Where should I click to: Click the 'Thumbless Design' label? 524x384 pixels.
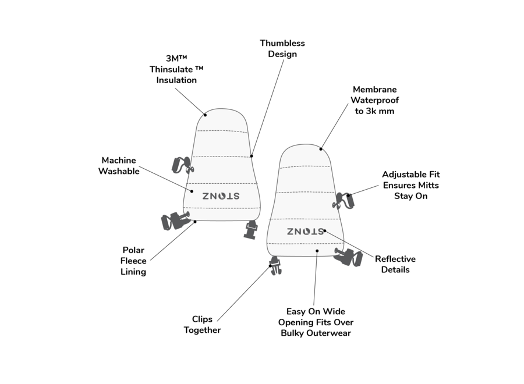tap(282, 49)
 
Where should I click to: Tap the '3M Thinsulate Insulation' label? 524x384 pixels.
tap(176, 69)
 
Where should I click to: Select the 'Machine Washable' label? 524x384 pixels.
tap(119, 166)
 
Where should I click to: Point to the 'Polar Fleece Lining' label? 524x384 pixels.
tap(133, 261)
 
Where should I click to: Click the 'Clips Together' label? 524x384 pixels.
tap(202, 325)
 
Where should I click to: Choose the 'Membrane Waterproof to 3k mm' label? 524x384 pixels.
tap(374, 100)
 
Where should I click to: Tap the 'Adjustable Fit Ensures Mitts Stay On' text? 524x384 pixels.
tap(410, 185)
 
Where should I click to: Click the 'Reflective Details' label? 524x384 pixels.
tap(395, 264)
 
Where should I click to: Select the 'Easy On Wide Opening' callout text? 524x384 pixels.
tap(316, 322)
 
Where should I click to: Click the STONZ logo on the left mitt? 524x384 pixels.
tap(221, 196)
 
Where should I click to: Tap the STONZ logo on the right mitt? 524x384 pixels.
tap(305, 231)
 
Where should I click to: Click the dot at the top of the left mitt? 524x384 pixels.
tap(205, 115)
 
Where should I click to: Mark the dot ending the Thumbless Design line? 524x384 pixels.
tap(252, 156)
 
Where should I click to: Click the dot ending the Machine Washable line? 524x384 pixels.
tap(193, 190)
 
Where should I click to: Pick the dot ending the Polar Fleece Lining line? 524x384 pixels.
tap(195, 222)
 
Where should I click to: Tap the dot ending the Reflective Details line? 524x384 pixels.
tap(324, 231)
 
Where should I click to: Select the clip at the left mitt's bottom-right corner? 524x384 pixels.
tap(252, 228)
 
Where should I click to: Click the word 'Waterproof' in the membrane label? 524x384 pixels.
tap(374, 100)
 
